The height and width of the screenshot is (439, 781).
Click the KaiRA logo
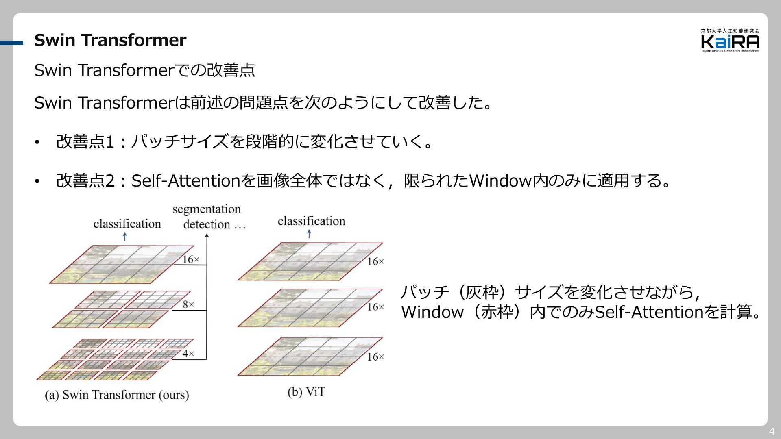730,41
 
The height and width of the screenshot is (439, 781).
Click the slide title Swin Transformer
110,40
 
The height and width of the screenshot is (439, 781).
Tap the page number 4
772,432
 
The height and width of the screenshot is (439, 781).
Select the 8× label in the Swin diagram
188,304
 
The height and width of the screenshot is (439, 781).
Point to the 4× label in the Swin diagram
188,354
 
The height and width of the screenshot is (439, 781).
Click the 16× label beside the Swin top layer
191,259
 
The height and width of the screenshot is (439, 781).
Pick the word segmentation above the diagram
207,209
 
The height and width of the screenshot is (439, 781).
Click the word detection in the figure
207,224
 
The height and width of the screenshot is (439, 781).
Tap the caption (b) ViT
306,392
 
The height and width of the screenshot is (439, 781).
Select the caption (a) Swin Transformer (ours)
117,395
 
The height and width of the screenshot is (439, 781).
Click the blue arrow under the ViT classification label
309,234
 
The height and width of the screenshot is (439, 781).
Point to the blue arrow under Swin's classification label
125,236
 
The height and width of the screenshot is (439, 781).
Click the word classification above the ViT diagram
312,221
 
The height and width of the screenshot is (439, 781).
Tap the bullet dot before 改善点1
37,142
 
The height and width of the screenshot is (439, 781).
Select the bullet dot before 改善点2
37,181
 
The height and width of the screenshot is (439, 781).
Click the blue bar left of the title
11,43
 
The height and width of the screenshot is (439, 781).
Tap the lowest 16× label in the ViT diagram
375,357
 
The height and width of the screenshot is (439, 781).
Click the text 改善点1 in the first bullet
85,142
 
